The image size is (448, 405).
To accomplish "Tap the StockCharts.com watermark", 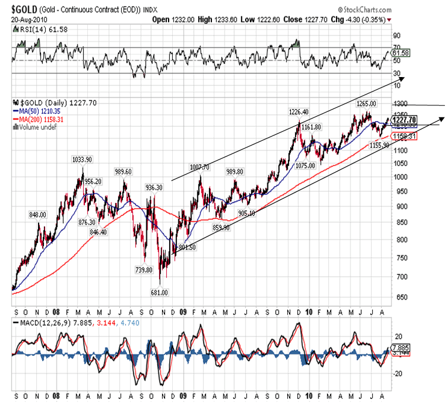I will click(366, 10).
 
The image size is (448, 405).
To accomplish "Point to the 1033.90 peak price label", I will click(82, 160).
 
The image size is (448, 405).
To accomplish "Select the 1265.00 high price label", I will click(366, 104).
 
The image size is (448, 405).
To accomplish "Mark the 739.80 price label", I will click(144, 270).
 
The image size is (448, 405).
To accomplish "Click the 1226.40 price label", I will click(299, 112).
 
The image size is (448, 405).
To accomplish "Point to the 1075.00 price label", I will click(304, 165).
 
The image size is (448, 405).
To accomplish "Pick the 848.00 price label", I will click(38, 214).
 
